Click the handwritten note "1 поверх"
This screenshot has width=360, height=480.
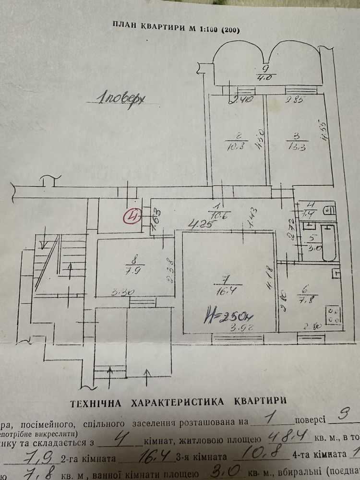pyautogui.click(x=120, y=100)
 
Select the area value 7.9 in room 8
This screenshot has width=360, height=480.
pyautogui.click(x=129, y=270)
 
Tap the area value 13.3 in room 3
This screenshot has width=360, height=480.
pyautogui.click(x=294, y=147)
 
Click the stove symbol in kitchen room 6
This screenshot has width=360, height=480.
pyautogui.click(x=333, y=314)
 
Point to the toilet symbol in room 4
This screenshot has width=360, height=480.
pyautogui.click(x=329, y=210)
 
